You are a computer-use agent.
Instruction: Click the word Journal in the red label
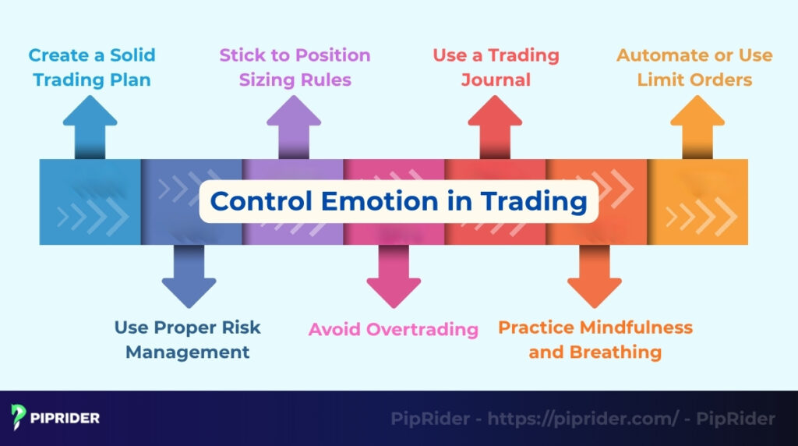coord(496,80)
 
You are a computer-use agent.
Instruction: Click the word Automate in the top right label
coord(660,55)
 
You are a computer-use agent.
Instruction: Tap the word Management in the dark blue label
coord(188,352)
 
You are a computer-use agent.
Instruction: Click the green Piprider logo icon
coord(19,418)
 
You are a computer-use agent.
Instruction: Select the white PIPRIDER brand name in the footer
coord(66,419)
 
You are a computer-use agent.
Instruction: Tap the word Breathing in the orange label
coord(616,352)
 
